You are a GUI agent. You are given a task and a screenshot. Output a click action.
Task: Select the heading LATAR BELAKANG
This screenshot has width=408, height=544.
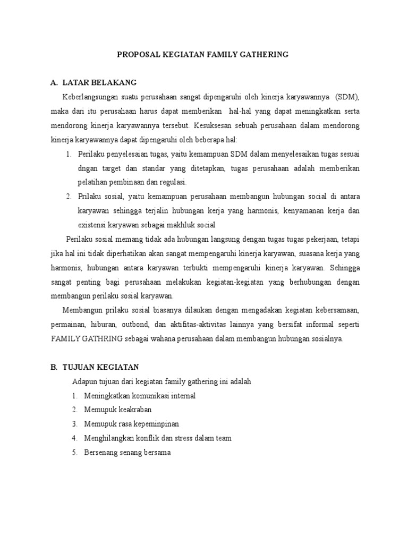99,82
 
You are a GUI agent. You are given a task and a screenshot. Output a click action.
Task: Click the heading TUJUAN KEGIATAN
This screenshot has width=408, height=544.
101,367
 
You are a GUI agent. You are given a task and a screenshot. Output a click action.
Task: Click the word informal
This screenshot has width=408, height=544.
317,324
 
